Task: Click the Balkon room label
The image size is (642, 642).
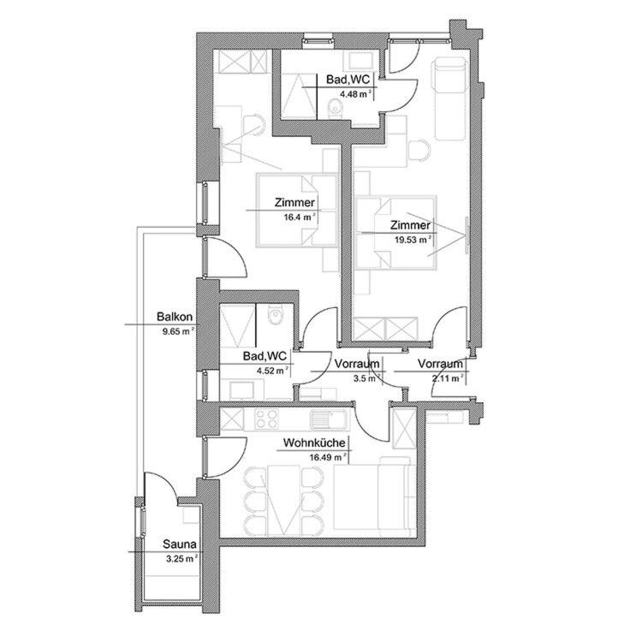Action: pyautogui.click(x=175, y=316)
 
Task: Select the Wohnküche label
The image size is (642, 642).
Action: pyautogui.click(x=314, y=443)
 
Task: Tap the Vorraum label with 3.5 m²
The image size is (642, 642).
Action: pyautogui.click(x=357, y=364)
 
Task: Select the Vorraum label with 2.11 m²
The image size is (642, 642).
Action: pyautogui.click(x=441, y=364)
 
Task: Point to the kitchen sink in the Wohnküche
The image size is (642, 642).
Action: pyautogui.click(x=326, y=419)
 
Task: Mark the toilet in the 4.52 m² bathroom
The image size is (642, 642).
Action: pyautogui.click(x=274, y=318)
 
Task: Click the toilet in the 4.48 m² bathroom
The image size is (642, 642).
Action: pyautogui.click(x=334, y=106)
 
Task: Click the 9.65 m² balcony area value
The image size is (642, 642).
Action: pyautogui.click(x=178, y=329)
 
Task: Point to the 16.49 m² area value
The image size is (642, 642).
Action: pyautogui.click(x=329, y=457)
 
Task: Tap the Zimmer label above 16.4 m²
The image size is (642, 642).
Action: pyautogui.click(x=294, y=204)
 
